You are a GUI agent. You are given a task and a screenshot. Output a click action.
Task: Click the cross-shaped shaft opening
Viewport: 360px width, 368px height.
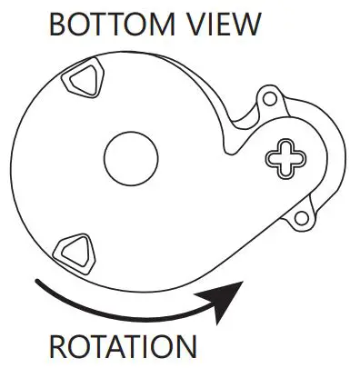pos(285,158)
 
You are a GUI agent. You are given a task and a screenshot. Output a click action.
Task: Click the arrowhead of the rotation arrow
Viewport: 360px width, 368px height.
pos(232,294)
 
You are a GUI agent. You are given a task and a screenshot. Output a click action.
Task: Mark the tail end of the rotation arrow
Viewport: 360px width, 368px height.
pos(36,283)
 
